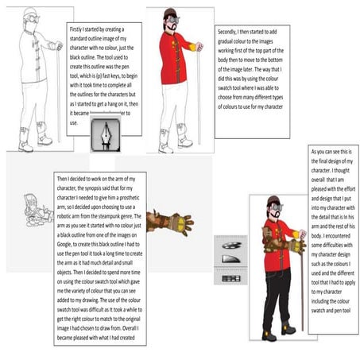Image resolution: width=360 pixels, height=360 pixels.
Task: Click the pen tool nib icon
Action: (106, 132)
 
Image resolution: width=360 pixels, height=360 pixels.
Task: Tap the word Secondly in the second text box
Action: (230, 33)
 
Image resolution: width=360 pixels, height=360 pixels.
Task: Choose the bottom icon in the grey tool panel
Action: (230, 278)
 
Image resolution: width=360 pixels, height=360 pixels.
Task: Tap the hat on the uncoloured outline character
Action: (30, 14)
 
